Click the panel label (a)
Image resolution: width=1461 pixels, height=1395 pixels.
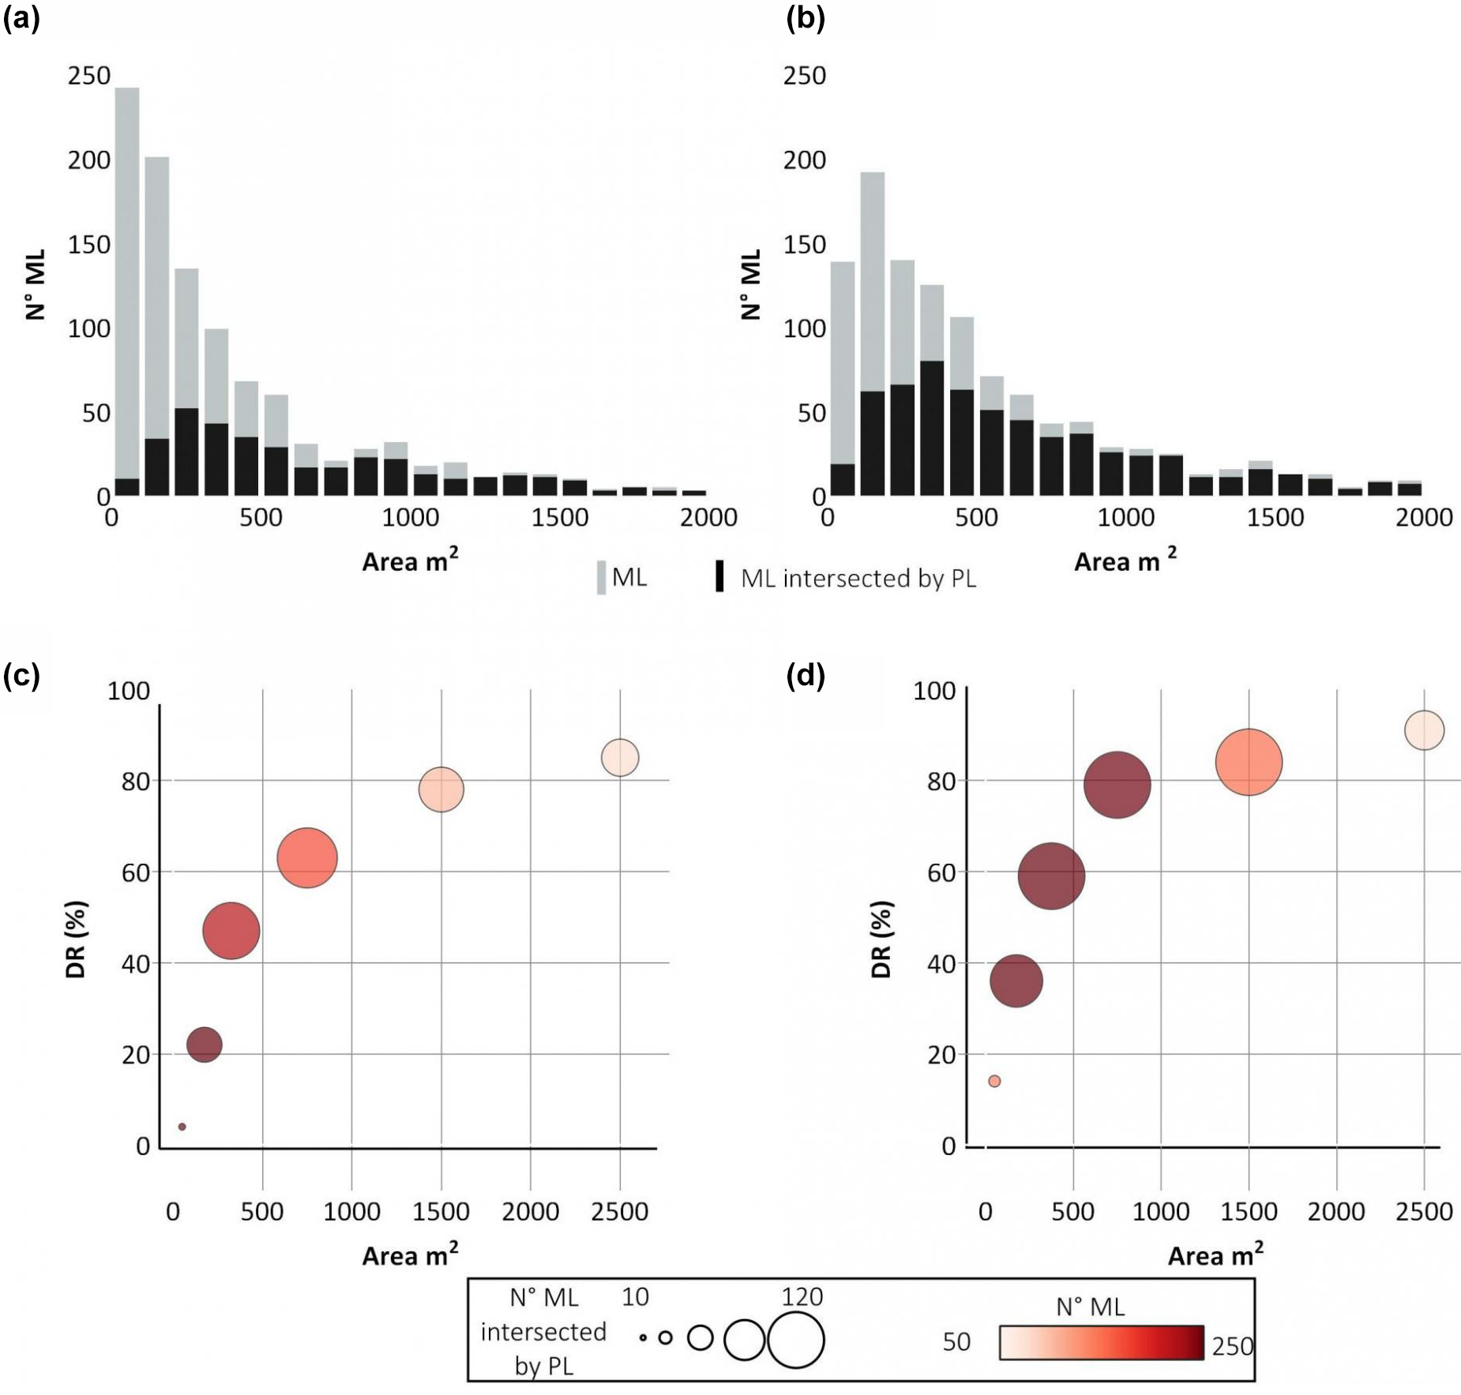21,18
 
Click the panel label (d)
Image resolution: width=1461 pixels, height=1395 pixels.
805,676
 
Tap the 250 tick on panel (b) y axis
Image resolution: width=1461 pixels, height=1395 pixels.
804,76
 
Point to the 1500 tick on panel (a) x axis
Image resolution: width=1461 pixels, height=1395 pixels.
559,518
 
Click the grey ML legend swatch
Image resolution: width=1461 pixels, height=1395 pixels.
601,577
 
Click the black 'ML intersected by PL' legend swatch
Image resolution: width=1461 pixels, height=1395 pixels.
719,576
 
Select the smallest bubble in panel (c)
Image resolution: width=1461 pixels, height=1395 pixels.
182,1127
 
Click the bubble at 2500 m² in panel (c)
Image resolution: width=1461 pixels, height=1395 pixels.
620,758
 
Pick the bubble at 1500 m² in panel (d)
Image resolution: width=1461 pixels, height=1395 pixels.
1249,763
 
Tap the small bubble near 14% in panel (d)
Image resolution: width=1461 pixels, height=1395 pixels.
994,1081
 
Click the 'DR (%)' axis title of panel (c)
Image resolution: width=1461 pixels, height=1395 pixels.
76,939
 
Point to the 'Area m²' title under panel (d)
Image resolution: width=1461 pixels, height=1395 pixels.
1215,1255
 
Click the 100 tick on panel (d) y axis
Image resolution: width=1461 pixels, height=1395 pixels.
934,691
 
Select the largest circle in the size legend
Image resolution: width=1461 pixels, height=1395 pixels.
795,1339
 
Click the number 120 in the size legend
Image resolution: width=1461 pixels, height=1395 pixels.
802,1296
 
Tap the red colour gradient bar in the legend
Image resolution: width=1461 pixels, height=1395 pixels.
1101,1342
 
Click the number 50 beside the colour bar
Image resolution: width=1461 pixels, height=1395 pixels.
956,1342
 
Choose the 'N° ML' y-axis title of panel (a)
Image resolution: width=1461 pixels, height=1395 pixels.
36,284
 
